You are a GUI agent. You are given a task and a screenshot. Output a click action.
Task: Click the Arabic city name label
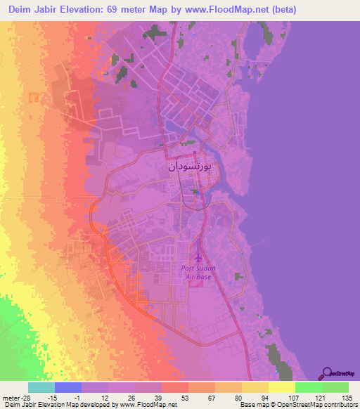[x=189, y=168]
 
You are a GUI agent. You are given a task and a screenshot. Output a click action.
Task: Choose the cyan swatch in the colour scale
[x=41, y=387]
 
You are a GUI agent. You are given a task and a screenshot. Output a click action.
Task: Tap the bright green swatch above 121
[x=308, y=387]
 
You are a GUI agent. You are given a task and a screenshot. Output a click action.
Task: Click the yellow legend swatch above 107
[x=281, y=387]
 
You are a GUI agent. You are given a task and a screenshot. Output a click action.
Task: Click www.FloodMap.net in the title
[x=224, y=10]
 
